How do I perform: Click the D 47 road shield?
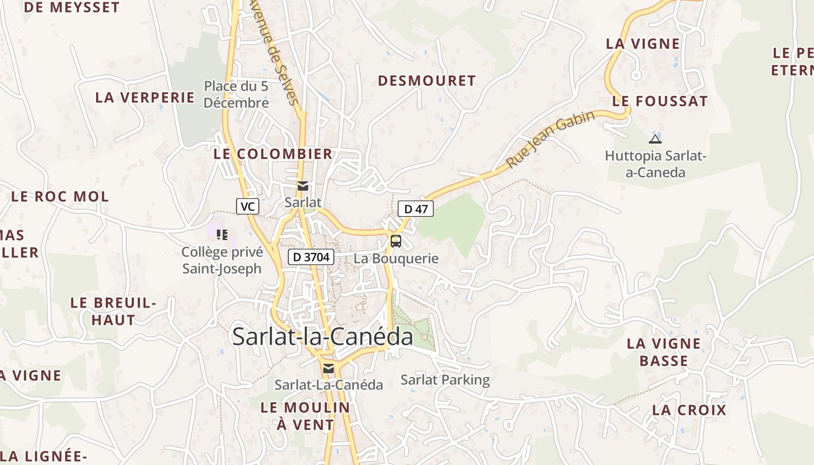pos(416,209)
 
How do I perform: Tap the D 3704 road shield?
pos(311,256)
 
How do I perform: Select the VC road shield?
pos(248,206)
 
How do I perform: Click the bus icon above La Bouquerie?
pos(396,241)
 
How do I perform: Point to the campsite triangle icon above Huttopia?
pos(655,139)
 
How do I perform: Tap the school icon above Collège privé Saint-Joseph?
pos(222,235)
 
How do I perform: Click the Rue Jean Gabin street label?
pos(551,139)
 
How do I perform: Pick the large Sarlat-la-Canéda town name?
pos(323,337)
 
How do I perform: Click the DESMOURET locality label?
pos(427,81)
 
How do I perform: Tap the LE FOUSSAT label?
pos(660,101)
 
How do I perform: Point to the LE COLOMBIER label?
pos(273,154)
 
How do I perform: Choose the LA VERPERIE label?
pos(145,97)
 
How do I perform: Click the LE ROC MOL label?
pos(60,196)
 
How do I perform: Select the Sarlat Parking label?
pos(445,380)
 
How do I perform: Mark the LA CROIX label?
pos(689,410)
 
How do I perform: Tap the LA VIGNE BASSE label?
pos(663,352)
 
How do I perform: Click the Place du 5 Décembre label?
pos(236,95)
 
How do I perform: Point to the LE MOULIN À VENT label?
pos(305,416)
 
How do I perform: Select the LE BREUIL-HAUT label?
pos(113,312)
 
